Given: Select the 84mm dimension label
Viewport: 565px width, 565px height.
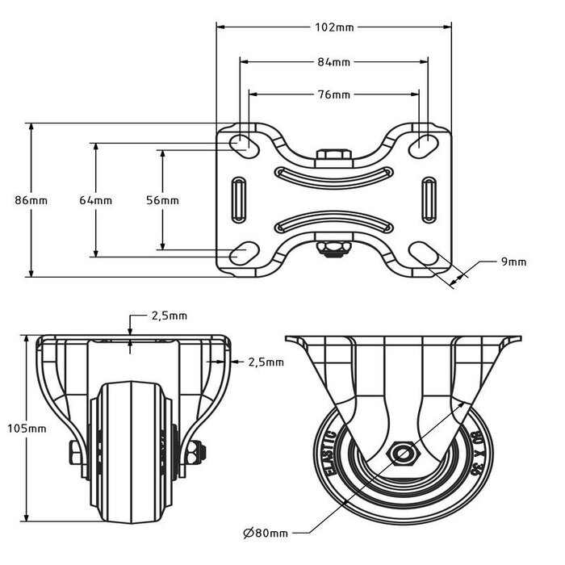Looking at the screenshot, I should (x=333, y=61).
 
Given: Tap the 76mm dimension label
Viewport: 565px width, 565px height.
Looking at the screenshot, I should (x=333, y=94).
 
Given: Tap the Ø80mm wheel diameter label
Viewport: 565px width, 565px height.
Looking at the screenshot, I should (x=265, y=534).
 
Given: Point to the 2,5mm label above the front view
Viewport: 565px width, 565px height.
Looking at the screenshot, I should (x=169, y=316).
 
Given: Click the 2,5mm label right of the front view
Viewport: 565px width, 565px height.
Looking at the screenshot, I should (x=266, y=362).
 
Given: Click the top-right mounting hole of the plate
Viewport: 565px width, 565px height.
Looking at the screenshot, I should (x=422, y=144).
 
